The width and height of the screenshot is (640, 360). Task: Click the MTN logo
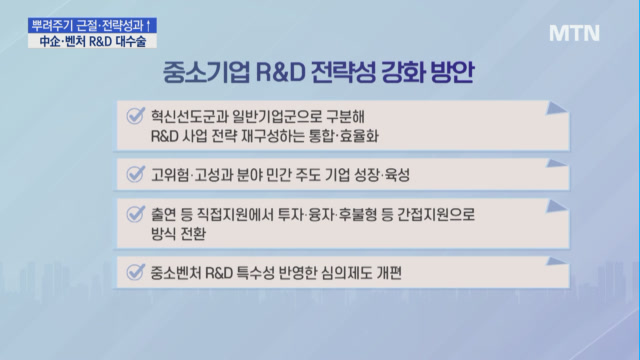(x=574, y=33)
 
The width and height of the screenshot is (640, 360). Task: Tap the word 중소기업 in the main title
(x=206, y=73)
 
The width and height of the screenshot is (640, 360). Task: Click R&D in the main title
(x=280, y=73)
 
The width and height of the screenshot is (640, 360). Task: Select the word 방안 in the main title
(x=452, y=73)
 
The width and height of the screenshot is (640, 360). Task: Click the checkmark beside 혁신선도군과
(x=136, y=116)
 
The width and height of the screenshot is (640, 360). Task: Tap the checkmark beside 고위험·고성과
(x=136, y=174)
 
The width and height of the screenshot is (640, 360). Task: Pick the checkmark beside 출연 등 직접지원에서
(x=136, y=214)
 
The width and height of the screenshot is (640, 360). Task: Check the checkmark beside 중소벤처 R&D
(x=136, y=272)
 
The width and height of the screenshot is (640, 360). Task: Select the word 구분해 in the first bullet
(x=345, y=117)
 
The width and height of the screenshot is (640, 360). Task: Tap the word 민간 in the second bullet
(x=279, y=175)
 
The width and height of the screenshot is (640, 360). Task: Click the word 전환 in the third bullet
(x=193, y=234)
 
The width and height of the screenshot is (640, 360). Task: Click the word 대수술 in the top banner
(x=131, y=42)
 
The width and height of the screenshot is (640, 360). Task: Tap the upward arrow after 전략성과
(x=148, y=26)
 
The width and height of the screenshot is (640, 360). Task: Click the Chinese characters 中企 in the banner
(x=50, y=42)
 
